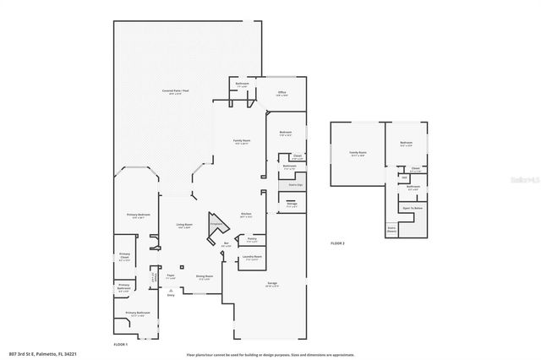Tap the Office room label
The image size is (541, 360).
pyautogui.click(x=283, y=93)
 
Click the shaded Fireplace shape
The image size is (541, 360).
pyautogui.click(x=216, y=225)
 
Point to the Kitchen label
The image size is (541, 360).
pyautogui.click(x=246, y=214)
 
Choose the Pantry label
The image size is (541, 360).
pyautogui.click(x=252, y=239)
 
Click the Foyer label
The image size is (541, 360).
pyautogui.click(x=170, y=275)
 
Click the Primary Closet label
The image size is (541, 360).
pyautogui.click(x=125, y=257)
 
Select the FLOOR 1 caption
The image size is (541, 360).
pyautogui.click(x=121, y=345)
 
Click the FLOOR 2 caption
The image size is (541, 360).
pyautogui.click(x=338, y=243)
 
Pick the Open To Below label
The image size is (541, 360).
pyautogui.click(x=412, y=208)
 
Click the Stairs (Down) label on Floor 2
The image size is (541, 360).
pyautogui.click(x=391, y=228)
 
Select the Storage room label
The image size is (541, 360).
pyautogui.click(x=292, y=204)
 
